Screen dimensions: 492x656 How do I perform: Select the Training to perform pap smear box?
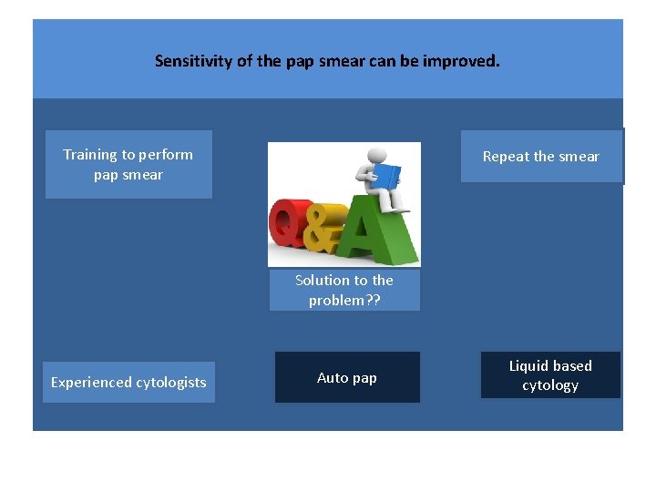pos(128,165)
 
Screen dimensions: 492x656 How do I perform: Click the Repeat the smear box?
pos(541,157)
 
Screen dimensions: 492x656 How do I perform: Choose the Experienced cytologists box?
pos(128,383)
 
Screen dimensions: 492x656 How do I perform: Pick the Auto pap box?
pos(347,377)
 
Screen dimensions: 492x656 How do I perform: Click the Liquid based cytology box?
pos(550,375)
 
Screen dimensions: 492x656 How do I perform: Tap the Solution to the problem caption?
pos(344,291)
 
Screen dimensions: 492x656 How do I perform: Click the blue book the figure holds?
pos(387,175)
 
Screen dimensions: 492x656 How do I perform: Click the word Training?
pos(90,155)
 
